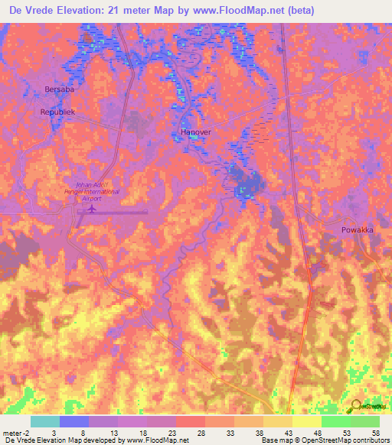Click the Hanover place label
click(195, 132)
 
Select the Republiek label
click(58, 112)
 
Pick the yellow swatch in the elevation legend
click(306, 421)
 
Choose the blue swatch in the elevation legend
click(74, 421)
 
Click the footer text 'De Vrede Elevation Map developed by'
click(61, 441)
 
